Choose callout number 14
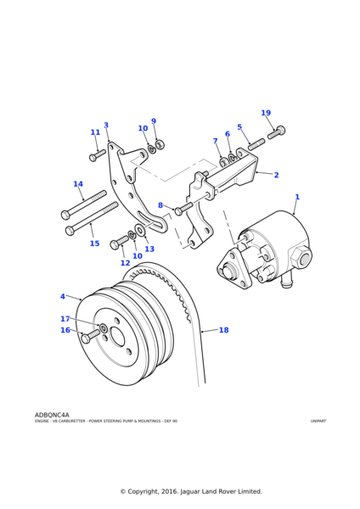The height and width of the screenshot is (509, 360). click(x=78, y=184)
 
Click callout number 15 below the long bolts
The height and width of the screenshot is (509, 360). click(x=94, y=243)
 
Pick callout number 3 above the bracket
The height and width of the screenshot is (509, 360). click(x=106, y=126)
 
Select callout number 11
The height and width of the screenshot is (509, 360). click(x=95, y=132)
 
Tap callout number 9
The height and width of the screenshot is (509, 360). click(x=154, y=121)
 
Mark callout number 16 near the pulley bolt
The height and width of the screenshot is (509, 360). click(x=65, y=330)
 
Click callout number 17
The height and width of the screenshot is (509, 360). click(x=65, y=319)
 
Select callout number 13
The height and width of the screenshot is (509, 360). click(x=149, y=249)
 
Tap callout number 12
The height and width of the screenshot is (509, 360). click(x=125, y=263)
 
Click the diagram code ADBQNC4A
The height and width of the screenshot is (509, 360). click(x=52, y=415)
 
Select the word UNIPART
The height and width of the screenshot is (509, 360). click(x=318, y=421)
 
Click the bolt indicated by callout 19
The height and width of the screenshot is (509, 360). click(x=276, y=132)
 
